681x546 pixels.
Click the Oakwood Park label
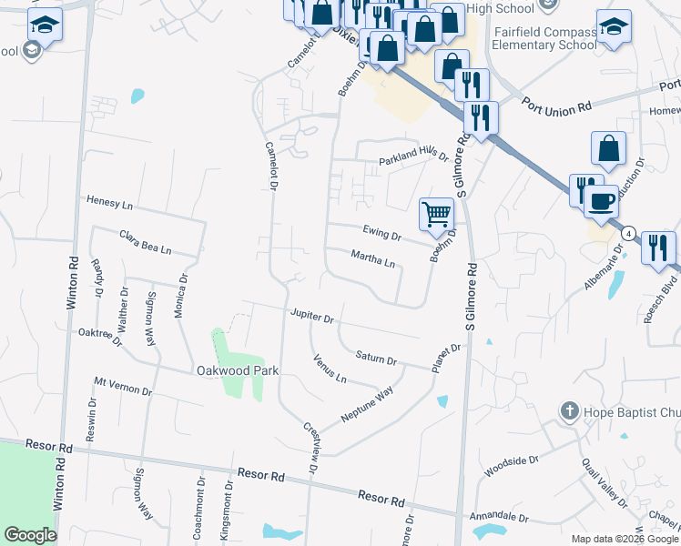click(238, 370)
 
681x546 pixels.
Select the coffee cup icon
click(600, 201)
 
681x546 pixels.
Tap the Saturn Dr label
click(376, 358)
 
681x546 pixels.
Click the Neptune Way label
click(367, 403)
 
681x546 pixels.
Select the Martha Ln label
click(373, 261)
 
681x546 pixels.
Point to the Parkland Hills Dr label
click(414, 157)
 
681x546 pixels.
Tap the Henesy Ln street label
click(109, 200)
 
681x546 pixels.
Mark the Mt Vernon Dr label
click(122, 385)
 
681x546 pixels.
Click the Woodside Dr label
click(507, 468)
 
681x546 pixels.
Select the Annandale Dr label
click(499, 518)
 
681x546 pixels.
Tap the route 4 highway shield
click(628, 234)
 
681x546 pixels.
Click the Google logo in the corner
click(30, 535)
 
